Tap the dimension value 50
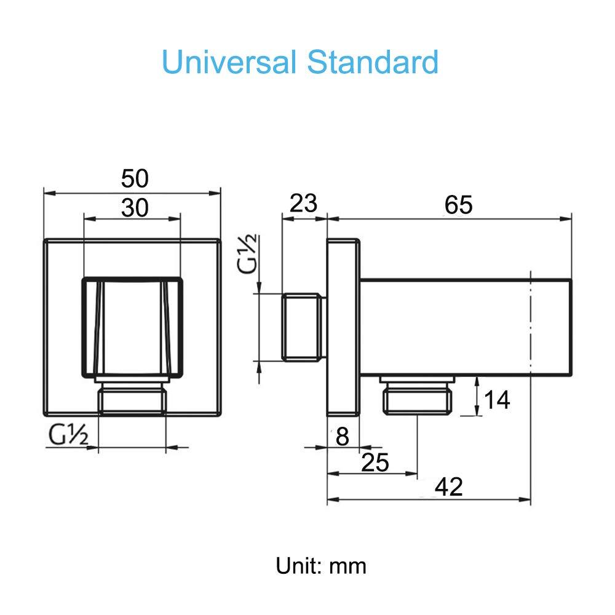tap(135, 179)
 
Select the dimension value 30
tap(135, 208)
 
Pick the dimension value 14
tap(497, 400)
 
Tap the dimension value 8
tap(342, 437)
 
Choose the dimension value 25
tap(375, 462)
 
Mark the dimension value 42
tap(448, 487)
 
